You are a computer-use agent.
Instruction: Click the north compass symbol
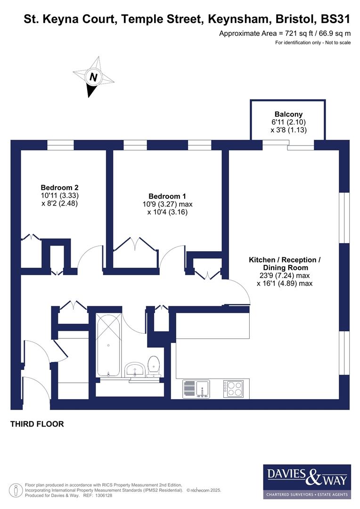coord(93,77)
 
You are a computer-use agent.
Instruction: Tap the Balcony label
coord(288,114)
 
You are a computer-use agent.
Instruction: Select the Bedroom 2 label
coord(59,186)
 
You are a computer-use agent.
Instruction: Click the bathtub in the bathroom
coord(108,345)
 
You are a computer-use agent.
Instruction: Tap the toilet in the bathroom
coord(153,367)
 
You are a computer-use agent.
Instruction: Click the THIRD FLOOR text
coord(37,424)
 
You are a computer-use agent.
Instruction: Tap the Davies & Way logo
coord(307,481)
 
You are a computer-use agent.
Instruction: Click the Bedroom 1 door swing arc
coord(168,257)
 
